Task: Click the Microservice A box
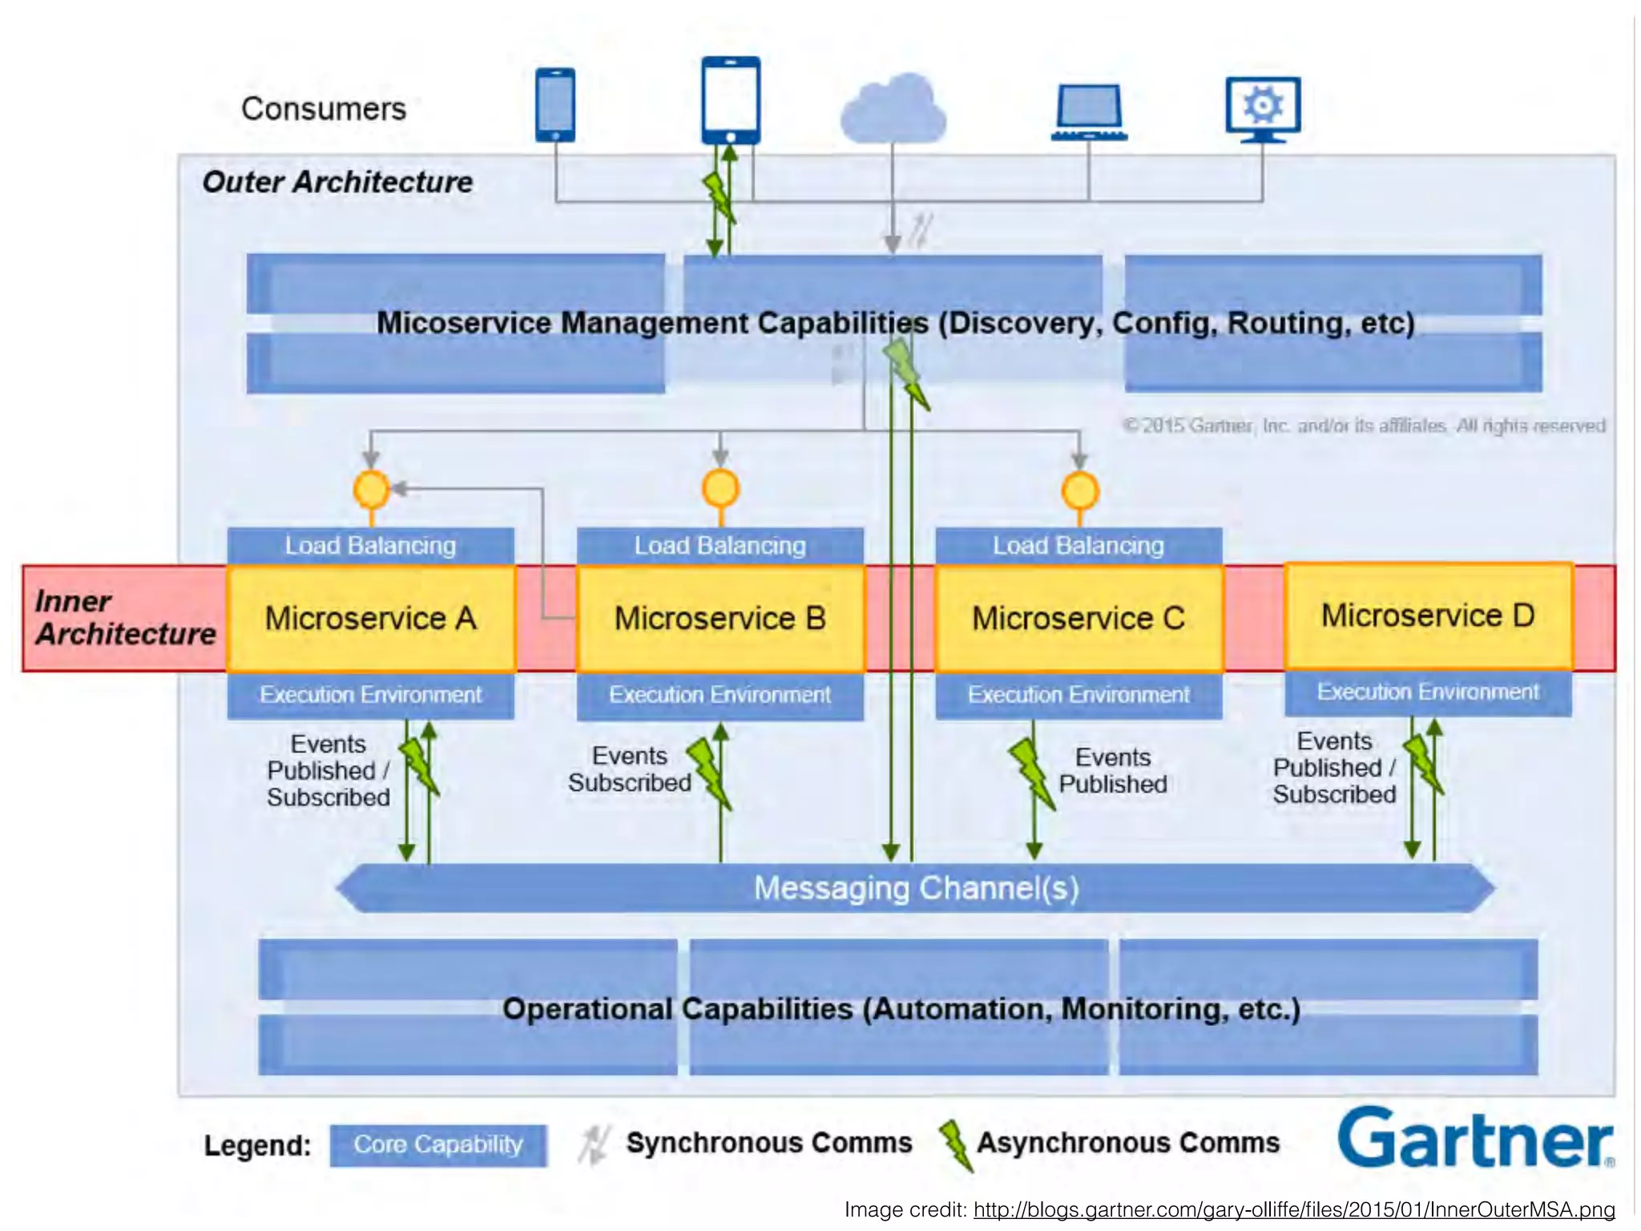tap(370, 619)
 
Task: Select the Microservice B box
tap(720, 619)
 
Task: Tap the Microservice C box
tap(1078, 619)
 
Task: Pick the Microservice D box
tap(1428, 615)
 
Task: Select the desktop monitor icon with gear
tap(1263, 108)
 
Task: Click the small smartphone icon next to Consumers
tap(555, 105)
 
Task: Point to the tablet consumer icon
tap(730, 99)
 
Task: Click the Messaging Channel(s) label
tap(916, 888)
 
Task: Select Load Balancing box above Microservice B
tap(720, 546)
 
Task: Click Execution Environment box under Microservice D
tap(1428, 692)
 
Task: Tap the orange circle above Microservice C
tap(1079, 490)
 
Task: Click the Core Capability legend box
tap(438, 1144)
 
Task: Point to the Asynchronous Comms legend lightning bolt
tap(955, 1144)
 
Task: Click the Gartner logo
tap(1474, 1138)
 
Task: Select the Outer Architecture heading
tap(337, 182)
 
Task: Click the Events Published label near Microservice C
tap(1112, 770)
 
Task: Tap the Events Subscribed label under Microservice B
tap(630, 769)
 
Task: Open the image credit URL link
tap(1293, 1209)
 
